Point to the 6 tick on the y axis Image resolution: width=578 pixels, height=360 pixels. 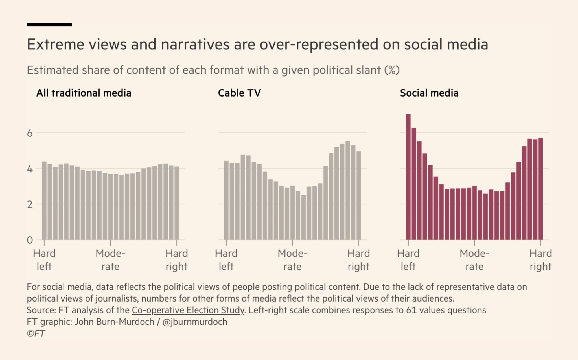[x=30, y=133]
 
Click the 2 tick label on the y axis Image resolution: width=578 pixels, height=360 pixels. [x=30, y=204]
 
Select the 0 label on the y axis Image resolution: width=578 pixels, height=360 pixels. [x=30, y=240]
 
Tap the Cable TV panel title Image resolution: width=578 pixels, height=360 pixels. [x=239, y=93]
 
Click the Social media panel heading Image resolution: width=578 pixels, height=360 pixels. [x=429, y=93]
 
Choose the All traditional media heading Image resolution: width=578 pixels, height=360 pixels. [x=84, y=93]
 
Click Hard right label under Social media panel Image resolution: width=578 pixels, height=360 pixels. [x=540, y=260]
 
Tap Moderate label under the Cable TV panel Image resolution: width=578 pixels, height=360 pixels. [x=292, y=260]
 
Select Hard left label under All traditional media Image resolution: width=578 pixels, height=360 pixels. [x=44, y=260]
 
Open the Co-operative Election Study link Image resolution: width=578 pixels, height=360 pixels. [x=188, y=310]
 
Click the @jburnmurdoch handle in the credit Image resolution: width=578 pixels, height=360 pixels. [x=195, y=322]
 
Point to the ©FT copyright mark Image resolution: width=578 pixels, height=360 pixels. [x=36, y=333]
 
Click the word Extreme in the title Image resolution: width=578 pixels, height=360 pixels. [x=56, y=44]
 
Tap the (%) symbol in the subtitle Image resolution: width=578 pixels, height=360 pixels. [x=392, y=70]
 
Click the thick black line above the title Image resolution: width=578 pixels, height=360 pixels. [x=49, y=25]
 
